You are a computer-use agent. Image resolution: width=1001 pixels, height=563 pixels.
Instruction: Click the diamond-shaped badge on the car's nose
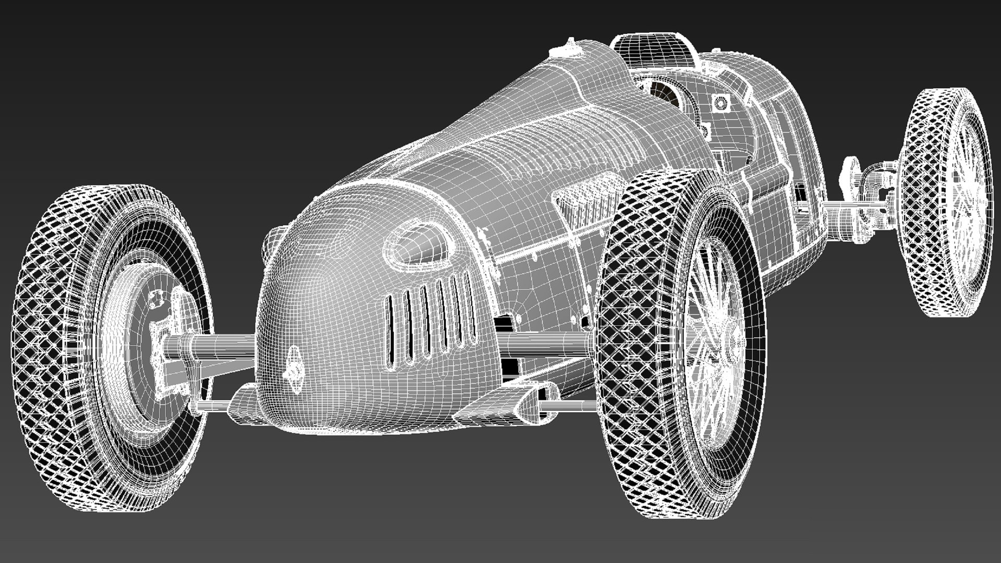point(295,369)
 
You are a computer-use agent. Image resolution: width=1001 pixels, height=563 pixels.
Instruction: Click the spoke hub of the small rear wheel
point(965,209)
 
